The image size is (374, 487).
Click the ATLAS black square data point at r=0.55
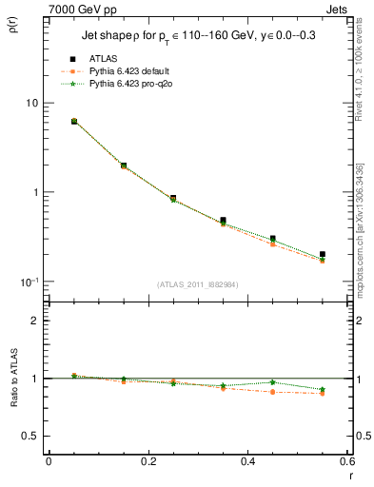[323, 255]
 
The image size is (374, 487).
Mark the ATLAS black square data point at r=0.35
[223, 221]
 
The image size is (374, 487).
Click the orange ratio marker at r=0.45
[272, 392]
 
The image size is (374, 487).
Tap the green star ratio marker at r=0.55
[323, 389]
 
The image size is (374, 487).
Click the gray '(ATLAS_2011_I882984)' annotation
[196, 283]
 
